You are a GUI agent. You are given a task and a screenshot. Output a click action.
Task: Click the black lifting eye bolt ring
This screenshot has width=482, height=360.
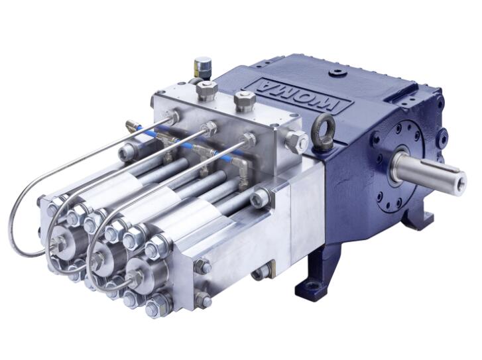[x=323, y=126]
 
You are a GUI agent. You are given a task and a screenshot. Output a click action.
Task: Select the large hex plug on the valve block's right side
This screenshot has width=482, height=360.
[x=296, y=141]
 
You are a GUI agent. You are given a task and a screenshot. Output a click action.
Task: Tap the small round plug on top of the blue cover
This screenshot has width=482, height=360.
[x=336, y=74]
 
